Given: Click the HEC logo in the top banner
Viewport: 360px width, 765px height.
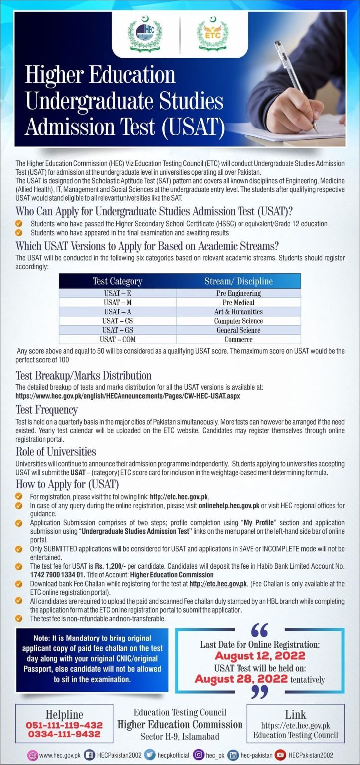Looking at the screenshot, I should [145, 34].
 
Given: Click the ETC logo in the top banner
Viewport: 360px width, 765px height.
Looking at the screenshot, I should [213, 34].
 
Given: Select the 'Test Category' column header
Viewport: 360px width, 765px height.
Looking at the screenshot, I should [117, 281].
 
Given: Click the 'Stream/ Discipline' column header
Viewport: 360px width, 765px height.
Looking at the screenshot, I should [238, 281].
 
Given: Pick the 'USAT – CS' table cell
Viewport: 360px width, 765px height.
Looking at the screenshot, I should [117, 321].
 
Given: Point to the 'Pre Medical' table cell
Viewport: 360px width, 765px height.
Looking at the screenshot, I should [238, 302].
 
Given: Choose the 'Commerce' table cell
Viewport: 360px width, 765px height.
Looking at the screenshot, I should [238, 339].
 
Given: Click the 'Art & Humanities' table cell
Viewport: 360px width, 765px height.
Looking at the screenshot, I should [238, 312].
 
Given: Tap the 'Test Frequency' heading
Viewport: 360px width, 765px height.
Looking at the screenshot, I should [47, 410].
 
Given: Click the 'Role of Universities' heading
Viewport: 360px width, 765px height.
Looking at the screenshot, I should [56, 452].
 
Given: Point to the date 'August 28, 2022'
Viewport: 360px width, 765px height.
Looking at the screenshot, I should [241, 679].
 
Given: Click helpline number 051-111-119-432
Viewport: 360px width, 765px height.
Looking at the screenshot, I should [64, 725].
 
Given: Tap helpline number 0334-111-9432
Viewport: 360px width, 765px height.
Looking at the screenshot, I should [64, 734].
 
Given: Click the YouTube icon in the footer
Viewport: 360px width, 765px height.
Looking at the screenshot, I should [280, 755].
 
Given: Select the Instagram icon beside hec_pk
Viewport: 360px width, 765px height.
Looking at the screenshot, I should [198, 755].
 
